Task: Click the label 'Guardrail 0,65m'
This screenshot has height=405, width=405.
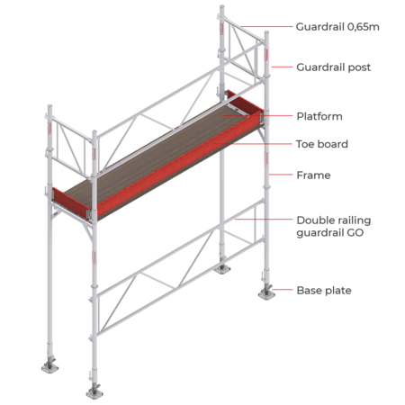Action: (337, 27)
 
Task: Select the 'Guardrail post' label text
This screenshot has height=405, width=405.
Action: (334, 67)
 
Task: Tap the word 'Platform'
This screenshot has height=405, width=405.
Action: (319, 116)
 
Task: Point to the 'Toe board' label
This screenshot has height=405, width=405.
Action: (322, 144)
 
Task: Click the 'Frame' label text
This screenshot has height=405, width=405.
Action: (313, 175)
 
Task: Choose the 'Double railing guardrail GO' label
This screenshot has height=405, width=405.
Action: (334, 226)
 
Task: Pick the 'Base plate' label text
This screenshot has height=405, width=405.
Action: (324, 290)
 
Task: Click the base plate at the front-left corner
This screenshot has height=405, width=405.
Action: (94, 393)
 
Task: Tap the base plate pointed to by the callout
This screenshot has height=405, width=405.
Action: (266, 293)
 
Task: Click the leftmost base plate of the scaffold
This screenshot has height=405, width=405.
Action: (49, 367)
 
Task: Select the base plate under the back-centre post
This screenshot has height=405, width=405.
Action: (222, 269)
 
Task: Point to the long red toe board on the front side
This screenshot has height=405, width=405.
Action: (180, 166)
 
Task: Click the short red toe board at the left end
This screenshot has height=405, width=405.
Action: (71, 199)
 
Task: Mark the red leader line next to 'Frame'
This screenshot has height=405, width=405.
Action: (281, 175)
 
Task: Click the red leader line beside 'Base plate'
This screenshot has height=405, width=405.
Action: (282, 290)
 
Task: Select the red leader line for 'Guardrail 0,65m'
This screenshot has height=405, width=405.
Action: (266, 27)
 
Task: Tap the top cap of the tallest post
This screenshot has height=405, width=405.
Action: (221, 6)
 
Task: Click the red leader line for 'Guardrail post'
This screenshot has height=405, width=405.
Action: (282, 67)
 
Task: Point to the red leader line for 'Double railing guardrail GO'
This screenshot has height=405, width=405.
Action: (264, 220)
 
